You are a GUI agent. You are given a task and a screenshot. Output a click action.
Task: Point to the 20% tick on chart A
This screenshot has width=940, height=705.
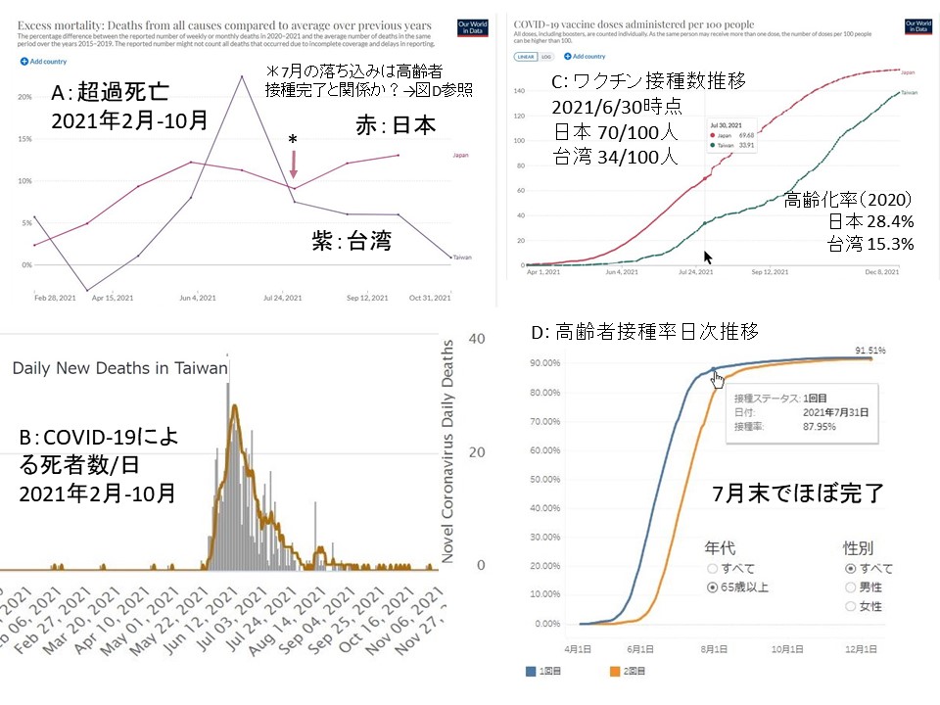click(x=26, y=97)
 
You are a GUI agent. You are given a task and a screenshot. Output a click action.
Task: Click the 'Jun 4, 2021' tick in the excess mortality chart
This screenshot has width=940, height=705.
click(x=201, y=297)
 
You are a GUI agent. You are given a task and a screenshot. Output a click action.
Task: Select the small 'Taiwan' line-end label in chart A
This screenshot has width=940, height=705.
click(x=462, y=258)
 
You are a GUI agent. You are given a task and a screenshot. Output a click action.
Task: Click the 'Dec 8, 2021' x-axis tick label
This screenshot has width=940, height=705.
click(x=880, y=273)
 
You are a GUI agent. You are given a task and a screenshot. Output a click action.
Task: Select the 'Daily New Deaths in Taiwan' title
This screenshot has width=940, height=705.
click(x=119, y=368)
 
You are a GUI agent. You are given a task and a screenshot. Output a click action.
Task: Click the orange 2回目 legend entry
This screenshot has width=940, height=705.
click(x=607, y=672)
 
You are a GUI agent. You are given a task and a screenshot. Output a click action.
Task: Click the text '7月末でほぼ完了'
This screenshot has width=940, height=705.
click(x=798, y=493)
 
